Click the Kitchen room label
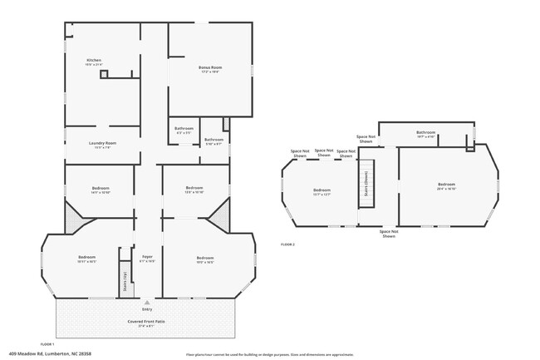pyautogui.click(x=94, y=61)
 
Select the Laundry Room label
pyautogui.click(x=102, y=143)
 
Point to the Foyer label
pyautogui.click(x=147, y=256)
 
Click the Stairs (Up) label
pyautogui.click(x=124, y=279)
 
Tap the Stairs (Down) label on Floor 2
pyautogui.click(x=366, y=190)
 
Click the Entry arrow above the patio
pyautogui.click(x=147, y=303)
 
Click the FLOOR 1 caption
pyautogui.click(x=47, y=343)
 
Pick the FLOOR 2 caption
pyautogui.click(x=287, y=244)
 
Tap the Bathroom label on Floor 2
pyautogui.click(x=426, y=132)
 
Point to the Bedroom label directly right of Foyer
pyautogui.click(x=205, y=258)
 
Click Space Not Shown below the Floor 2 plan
pyautogui.click(x=389, y=234)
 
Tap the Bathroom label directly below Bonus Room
pyautogui.click(x=184, y=129)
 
